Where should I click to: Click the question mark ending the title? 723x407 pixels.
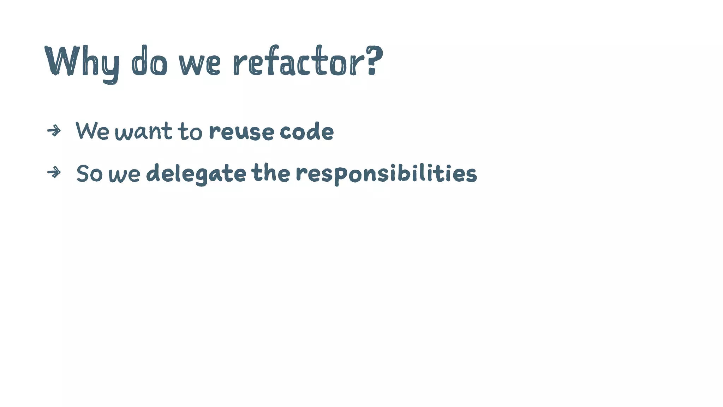point(374,60)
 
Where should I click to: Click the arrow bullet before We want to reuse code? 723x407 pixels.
point(54,131)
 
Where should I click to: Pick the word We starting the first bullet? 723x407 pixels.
point(92,130)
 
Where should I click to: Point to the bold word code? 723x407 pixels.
point(306,131)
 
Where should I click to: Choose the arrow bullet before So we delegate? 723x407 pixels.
point(54,173)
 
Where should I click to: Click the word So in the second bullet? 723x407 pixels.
point(89,173)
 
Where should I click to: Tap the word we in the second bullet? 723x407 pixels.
point(124,175)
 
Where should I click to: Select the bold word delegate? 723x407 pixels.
point(196,173)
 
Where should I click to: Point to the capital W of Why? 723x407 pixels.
point(62,61)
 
